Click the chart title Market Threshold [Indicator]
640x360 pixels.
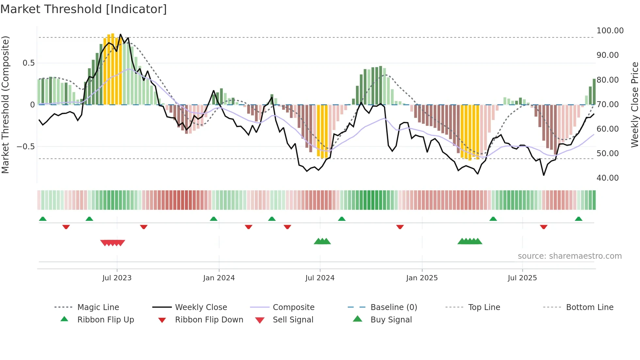tap(84, 9)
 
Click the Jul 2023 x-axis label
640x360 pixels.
tap(117, 278)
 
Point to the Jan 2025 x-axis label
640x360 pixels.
tap(422, 278)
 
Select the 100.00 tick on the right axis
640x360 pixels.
tap(610, 31)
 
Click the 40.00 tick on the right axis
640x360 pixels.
tap(607, 178)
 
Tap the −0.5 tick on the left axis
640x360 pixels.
tap(26, 147)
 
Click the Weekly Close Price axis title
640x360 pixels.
tap(634, 105)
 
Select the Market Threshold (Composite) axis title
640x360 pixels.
tap(5, 105)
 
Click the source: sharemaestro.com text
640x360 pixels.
tap(569, 256)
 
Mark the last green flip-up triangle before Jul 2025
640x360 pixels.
tap(493, 219)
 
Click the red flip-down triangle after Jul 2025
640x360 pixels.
tap(544, 227)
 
